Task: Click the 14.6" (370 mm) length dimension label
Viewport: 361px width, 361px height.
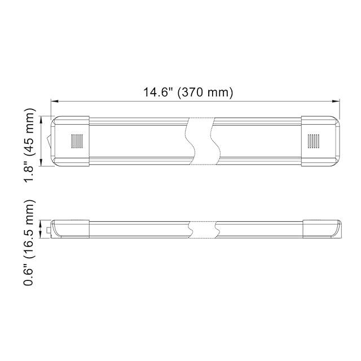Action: click(x=188, y=93)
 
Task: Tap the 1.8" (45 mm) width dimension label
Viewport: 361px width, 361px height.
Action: click(x=29, y=145)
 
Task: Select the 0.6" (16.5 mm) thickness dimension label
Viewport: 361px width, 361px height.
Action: click(x=29, y=243)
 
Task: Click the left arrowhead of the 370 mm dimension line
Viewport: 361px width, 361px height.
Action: click(x=54, y=101)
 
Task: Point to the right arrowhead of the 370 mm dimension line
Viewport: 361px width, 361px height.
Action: click(x=336, y=101)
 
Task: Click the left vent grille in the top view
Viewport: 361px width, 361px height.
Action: click(x=77, y=141)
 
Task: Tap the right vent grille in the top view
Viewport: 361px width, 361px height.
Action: click(x=314, y=141)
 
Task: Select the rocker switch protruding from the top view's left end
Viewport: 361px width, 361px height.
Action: click(x=49, y=141)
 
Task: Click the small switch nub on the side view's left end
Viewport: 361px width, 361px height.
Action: click(x=49, y=230)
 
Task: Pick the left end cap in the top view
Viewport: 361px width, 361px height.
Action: click(x=70, y=141)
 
